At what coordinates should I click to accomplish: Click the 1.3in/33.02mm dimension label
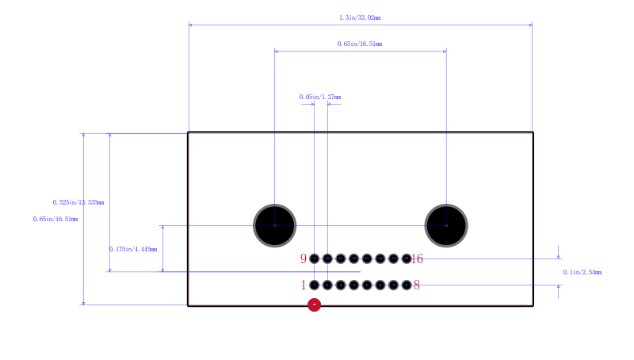click(360, 17)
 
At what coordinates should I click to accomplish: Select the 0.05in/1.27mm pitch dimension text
click(320, 97)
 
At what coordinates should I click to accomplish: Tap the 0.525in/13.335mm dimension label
click(78, 202)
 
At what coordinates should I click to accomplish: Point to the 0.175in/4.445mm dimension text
click(133, 249)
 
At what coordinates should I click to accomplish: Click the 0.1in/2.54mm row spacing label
click(582, 272)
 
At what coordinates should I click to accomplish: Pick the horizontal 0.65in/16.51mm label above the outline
click(360, 44)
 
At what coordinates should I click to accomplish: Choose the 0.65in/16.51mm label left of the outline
click(55, 219)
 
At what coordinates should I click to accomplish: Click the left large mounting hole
click(274, 226)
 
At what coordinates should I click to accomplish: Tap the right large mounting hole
click(446, 226)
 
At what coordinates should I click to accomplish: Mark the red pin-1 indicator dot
click(314, 304)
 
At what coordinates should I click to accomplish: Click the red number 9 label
click(304, 259)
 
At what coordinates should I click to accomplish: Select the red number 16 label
click(418, 259)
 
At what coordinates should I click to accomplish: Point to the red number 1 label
click(304, 285)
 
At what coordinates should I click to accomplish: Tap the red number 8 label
click(417, 285)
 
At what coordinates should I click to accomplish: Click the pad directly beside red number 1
click(314, 285)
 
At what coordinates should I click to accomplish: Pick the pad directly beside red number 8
click(407, 285)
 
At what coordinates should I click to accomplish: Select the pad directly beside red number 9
click(314, 259)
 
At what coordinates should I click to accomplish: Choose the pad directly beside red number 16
click(407, 259)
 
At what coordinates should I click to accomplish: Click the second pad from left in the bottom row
click(327, 285)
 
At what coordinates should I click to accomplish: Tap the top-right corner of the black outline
click(533, 132)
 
